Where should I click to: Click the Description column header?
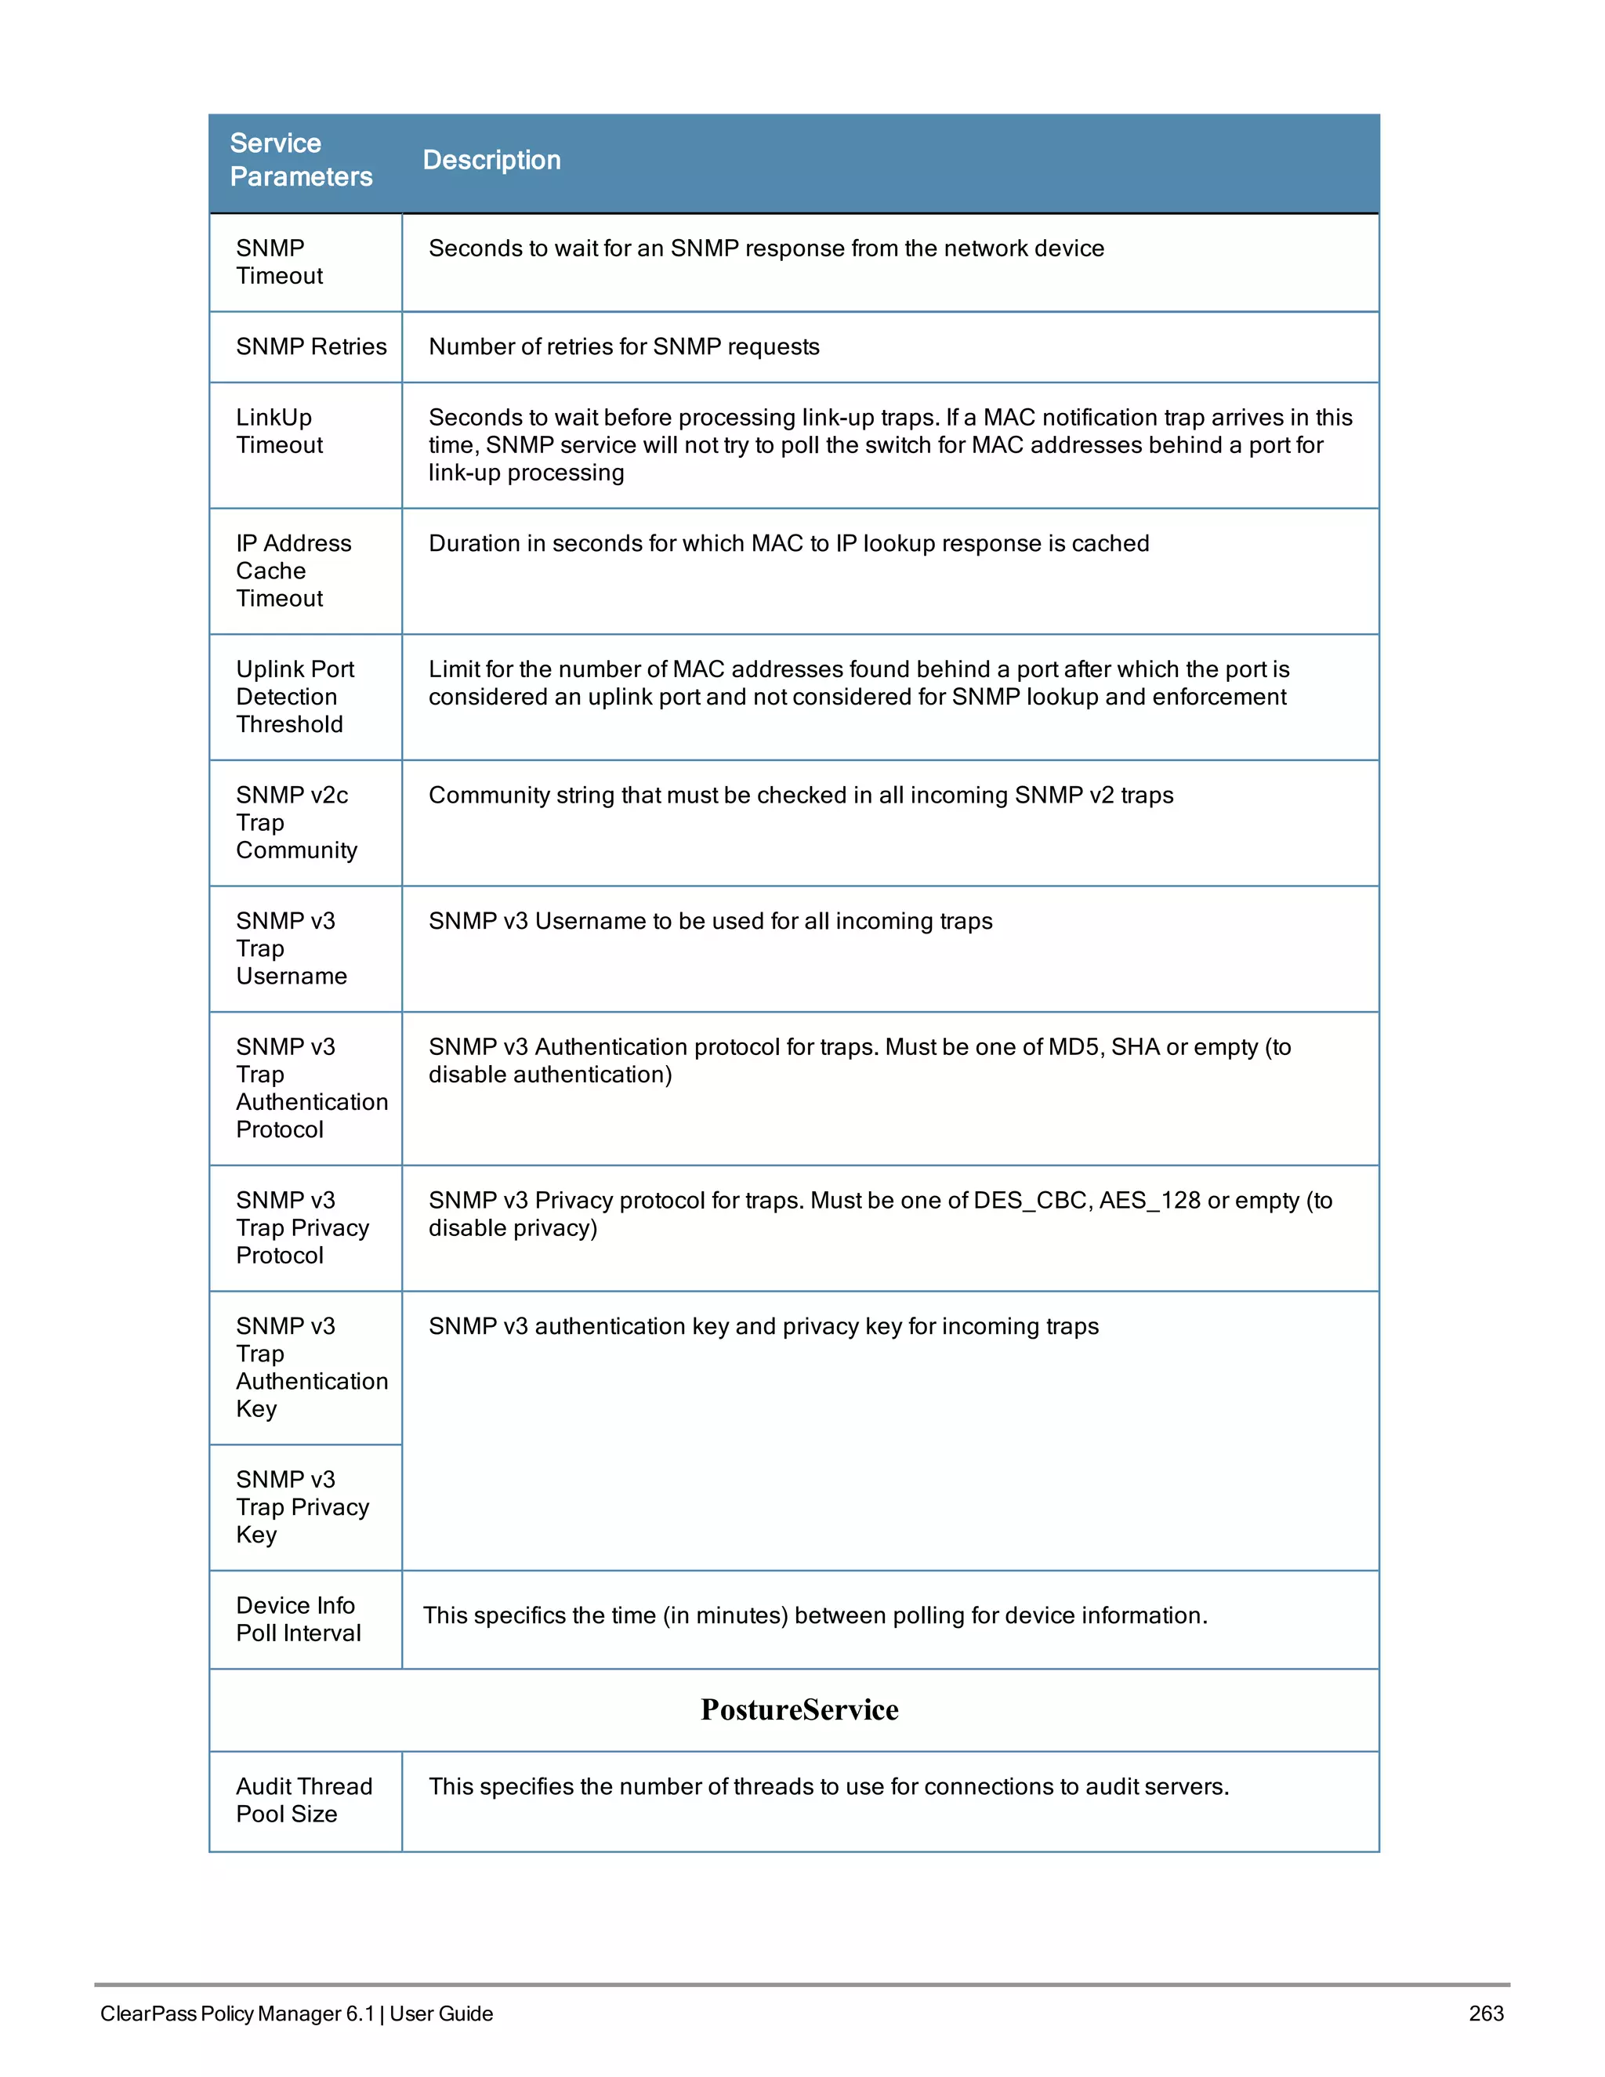491,160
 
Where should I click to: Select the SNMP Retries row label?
311,346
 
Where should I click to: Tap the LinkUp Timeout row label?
280,431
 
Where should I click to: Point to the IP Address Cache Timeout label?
293,571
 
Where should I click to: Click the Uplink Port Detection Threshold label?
295,696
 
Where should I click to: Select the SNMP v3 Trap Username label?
291,948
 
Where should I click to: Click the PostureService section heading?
799,1709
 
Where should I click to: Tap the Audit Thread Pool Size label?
303,1800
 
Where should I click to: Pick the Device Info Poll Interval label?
298,1618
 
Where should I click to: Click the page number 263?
1485,2014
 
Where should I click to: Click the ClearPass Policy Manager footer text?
297,2014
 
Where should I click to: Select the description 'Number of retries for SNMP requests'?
624,346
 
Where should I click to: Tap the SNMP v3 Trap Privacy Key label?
302,1506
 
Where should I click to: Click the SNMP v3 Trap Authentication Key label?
311,1367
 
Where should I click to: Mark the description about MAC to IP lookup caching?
788,543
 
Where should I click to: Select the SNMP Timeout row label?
280,262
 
